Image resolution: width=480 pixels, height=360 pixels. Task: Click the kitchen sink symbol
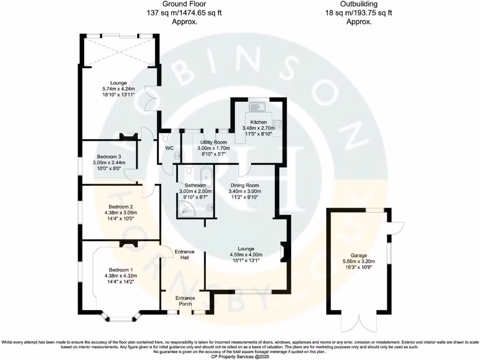tap(258, 107)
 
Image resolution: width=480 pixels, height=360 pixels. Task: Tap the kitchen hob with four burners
tap(277, 124)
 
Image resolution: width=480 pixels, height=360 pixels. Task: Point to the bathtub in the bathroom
tap(206, 179)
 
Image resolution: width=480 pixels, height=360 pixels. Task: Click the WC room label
tap(169, 149)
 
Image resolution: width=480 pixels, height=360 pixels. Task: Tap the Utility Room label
tap(214, 142)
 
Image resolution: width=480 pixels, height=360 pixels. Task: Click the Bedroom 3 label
tap(109, 157)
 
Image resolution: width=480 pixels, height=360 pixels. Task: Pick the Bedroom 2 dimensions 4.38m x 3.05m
tap(118, 213)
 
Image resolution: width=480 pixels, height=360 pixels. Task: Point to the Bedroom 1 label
tap(121, 270)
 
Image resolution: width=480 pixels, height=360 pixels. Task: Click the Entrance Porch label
tap(185, 301)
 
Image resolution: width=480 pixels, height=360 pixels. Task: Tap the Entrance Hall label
tap(184, 255)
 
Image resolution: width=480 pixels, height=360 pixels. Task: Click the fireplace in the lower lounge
tap(282, 252)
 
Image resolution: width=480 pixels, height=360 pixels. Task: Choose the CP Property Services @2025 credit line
tap(240, 356)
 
